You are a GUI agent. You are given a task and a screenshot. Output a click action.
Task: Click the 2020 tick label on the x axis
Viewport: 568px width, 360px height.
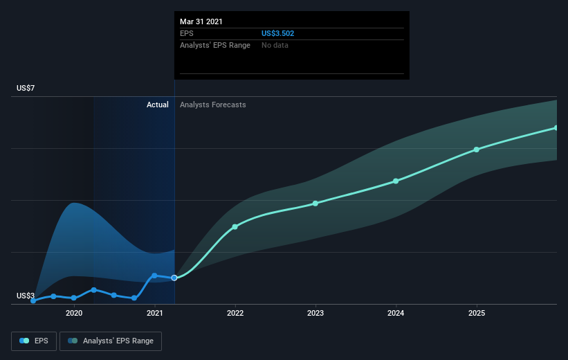74,313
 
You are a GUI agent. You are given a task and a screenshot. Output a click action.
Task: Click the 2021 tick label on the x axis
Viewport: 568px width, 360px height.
155,313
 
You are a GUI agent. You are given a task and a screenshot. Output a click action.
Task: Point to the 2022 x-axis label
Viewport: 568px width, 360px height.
235,313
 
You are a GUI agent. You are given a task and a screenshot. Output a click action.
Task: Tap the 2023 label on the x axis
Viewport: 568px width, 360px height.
315,313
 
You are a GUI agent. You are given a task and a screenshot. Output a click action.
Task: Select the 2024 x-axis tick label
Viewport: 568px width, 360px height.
396,313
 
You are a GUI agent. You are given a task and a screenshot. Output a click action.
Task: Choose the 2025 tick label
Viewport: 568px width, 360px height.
477,313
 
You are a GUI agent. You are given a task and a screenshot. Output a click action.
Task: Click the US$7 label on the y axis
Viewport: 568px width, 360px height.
26,88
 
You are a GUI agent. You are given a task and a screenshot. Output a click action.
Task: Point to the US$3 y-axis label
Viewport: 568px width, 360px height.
26,296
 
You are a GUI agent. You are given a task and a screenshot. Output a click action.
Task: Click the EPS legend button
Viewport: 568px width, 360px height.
34,341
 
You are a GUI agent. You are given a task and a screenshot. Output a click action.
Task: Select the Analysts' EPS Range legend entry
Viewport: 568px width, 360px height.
111,341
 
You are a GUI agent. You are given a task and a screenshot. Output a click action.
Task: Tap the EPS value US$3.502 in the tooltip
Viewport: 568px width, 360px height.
278,33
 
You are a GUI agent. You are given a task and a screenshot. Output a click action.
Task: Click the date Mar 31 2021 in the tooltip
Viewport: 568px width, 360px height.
201,21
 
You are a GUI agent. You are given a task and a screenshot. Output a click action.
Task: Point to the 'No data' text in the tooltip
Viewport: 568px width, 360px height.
275,45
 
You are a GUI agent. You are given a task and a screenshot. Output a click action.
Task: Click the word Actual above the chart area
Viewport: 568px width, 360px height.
158,105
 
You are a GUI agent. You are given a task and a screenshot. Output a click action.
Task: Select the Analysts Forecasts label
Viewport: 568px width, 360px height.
213,105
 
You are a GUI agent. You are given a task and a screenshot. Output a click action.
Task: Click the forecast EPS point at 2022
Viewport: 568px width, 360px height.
235,227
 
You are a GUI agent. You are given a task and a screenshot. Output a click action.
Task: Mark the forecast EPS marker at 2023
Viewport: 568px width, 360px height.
315,204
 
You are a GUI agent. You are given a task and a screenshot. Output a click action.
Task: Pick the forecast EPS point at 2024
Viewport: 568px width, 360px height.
396,181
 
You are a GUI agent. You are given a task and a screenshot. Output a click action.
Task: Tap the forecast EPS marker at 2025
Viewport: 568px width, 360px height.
477,150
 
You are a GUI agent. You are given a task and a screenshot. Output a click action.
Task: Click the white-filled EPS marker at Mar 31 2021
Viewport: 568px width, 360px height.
174,278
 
